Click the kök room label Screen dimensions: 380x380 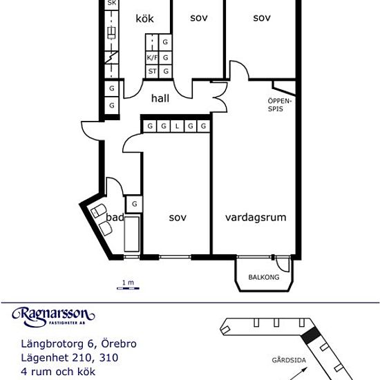[144, 19]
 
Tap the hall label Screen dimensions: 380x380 [160, 98]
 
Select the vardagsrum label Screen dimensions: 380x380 [256, 218]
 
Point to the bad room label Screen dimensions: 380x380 [115, 218]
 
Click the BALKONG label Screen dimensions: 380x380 [264, 277]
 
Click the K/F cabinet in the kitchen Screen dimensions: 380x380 [152, 57]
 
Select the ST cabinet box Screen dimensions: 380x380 [152, 71]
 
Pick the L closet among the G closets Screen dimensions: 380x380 [177, 126]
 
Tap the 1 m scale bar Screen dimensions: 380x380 [128, 288]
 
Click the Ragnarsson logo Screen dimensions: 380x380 [53, 317]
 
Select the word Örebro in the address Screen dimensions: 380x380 [119, 343]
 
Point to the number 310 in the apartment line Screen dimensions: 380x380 [108, 358]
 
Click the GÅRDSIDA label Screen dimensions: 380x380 [289, 360]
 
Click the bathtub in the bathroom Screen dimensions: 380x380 [132, 234]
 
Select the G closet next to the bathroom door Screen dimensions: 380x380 [134, 204]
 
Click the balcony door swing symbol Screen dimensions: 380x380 [283, 265]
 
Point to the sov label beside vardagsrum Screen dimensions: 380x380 [178, 218]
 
